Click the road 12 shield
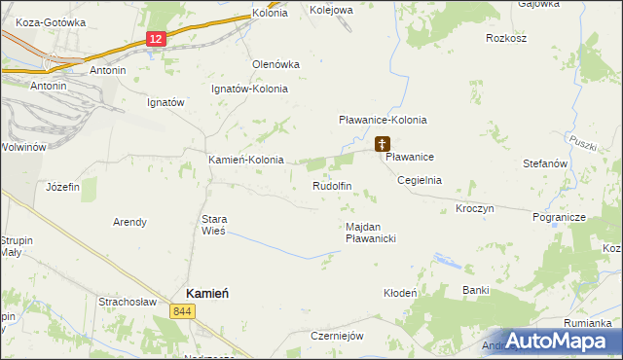pyautogui.click(x=156, y=38)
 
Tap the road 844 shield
pyautogui.click(x=180, y=311)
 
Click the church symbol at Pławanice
pyautogui.click(x=381, y=144)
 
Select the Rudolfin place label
pyautogui.click(x=331, y=186)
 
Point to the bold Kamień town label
pyautogui.click(x=207, y=294)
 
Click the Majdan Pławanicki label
pyautogui.click(x=371, y=232)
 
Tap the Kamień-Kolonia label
pyautogui.click(x=246, y=160)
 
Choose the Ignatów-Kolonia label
pyautogui.click(x=250, y=89)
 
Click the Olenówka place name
pyautogui.click(x=275, y=64)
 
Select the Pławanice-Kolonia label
pyautogui.click(x=383, y=120)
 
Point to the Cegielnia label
pyautogui.click(x=420, y=180)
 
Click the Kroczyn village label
pyautogui.click(x=475, y=209)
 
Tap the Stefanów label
pyautogui.click(x=545, y=164)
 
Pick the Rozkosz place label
pyautogui.click(x=506, y=39)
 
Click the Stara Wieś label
pyautogui.click(x=213, y=226)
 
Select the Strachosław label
pyautogui.click(x=128, y=302)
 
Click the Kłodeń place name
pyautogui.click(x=400, y=293)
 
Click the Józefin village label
pyautogui.click(x=62, y=186)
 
